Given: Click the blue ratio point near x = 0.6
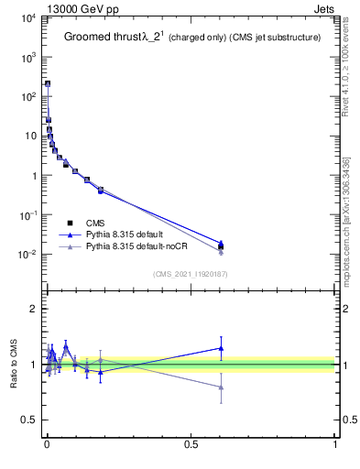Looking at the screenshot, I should pyautogui.click(x=221, y=348).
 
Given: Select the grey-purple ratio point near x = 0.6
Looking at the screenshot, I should pyautogui.click(x=221, y=387).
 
